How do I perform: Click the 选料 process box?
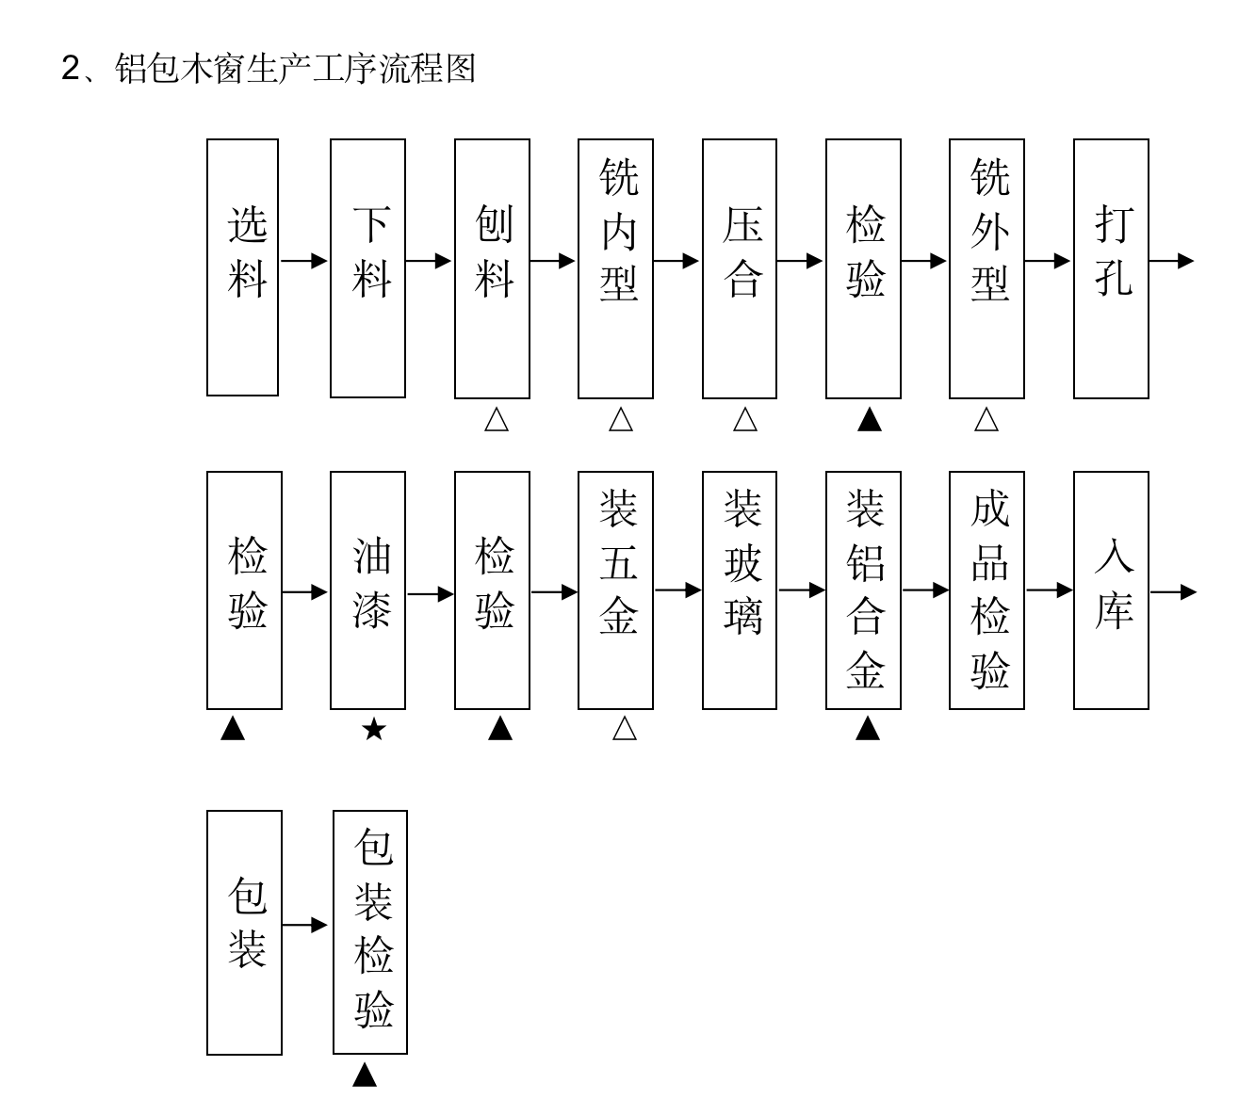pyautogui.click(x=242, y=267)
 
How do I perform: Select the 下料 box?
pyautogui.click(x=367, y=268)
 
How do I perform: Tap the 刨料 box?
pyautogui.click(x=492, y=268)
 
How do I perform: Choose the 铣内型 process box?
pyautogui.click(x=615, y=268)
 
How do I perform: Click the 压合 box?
pyautogui.click(x=740, y=268)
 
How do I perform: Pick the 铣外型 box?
pyautogui.click(x=986, y=268)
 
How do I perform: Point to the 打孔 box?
pyautogui.click(x=1111, y=268)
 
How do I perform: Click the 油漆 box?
pyautogui.click(x=367, y=590)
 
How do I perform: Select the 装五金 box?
pyautogui.click(x=615, y=590)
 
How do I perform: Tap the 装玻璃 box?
pyautogui.click(x=740, y=590)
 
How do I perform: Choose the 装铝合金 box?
pyautogui.click(x=863, y=590)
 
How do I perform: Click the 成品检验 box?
pyautogui.click(x=986, y=590)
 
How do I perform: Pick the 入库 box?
pyautogui.click(x=1111, y=590)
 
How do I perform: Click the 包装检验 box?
pyautogui.click(x=370, y=932)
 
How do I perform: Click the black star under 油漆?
pyautogui.click(x=373, y=729)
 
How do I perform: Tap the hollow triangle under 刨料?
pyautogui.click(x=497, y=420)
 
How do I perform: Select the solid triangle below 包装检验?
pyautogui.click(x=365, y=1075)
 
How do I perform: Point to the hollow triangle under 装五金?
pyautogui.click(x=624, y=729)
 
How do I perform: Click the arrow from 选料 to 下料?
pyautogui.click(x=303, y=261)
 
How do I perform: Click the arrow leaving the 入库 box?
pyautogui.click(x=1172, y=592)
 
